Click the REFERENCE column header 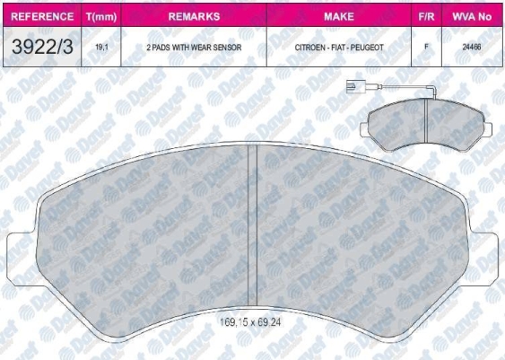tap(42, 16)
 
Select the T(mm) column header tap(101, 17)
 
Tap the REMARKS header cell tap(194, 16)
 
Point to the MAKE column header tap(339, 16)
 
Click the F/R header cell tap(426, 16)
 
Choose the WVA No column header tap(472, 16)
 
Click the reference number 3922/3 tap(42, 47)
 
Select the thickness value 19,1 tap(101, 47)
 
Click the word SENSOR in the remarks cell tap(227, 48)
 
